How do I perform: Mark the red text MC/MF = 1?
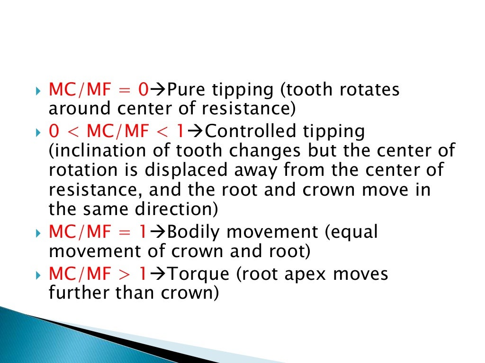point(98,232)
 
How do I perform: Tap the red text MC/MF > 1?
point(98,274)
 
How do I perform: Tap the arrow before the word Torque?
point(161,274)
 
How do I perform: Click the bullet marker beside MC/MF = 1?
point(38,233)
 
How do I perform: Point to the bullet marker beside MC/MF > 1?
point(38,274)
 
